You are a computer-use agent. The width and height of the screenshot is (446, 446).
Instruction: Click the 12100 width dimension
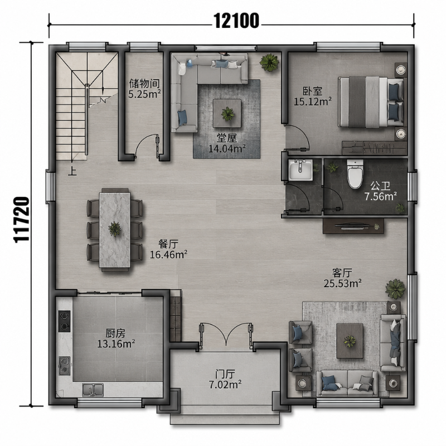pos(236,21)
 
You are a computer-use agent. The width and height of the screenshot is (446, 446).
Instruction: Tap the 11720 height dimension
pos(21,219)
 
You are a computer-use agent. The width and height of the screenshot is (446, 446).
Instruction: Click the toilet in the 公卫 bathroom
pos(355,173)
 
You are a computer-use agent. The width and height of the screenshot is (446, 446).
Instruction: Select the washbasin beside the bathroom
pos(300,170)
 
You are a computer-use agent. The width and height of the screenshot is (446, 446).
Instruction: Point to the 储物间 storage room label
pos(144,84)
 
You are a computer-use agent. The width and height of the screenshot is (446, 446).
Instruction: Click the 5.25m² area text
pos(144,94)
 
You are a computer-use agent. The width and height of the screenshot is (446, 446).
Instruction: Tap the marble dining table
pos(115,230)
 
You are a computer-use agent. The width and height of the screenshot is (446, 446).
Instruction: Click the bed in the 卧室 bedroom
pos(371,101)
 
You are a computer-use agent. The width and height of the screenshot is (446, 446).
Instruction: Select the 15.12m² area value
pos(313,101)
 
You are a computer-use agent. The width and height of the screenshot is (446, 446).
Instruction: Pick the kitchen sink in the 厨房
pos(93,390)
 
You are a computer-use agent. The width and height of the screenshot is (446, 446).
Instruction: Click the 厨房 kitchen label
pos(115,333)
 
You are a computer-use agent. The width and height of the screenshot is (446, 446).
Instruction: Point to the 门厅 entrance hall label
pos(225,373)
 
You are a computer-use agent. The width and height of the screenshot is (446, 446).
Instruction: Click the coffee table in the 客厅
pos(350,341)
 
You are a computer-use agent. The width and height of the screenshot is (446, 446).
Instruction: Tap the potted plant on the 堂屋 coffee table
pos(228,114)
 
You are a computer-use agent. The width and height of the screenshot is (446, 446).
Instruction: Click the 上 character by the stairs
pos(72,172)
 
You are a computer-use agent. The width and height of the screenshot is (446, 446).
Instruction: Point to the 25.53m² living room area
pos(343,283)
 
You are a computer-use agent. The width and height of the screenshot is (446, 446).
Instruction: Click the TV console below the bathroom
pos(353,226)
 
